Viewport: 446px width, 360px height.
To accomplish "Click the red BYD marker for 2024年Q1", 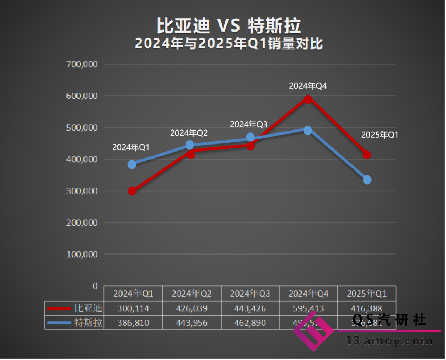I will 132,191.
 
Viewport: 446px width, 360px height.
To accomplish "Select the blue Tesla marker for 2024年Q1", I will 132,164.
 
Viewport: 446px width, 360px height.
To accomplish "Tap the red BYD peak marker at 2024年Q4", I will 308,99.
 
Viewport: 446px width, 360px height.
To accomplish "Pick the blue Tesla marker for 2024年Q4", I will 308,130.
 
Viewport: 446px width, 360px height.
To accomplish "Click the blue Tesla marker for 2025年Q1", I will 367,180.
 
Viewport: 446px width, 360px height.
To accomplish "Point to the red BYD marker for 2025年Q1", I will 367,155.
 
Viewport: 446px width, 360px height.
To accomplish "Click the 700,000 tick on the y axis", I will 82,64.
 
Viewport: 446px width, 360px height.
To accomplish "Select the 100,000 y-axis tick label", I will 82,254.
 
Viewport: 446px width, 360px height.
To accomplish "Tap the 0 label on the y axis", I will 95,286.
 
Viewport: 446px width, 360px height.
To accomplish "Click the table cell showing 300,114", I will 133,308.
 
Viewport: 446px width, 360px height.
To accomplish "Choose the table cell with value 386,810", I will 133,323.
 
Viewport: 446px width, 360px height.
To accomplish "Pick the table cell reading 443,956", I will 191,323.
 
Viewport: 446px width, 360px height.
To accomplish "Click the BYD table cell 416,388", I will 367,308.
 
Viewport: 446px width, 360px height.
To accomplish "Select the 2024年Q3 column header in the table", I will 250,294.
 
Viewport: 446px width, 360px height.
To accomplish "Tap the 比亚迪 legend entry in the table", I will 88,308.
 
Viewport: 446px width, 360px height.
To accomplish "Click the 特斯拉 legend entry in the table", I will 88,323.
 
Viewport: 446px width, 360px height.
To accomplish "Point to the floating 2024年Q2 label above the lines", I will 189,133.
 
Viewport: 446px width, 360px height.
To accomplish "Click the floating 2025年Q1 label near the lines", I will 379,135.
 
